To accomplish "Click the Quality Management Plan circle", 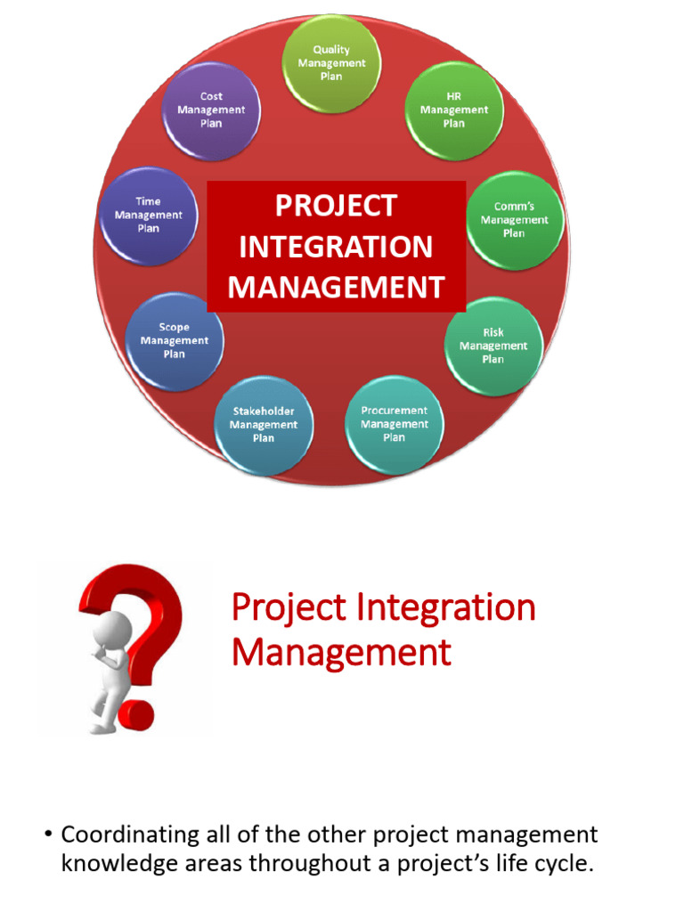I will click(x=331, y=63).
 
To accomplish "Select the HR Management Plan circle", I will click(x=454, y=110).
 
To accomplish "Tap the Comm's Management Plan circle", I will click(x=514, y=220).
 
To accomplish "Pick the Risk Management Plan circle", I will click(x=493, y=346).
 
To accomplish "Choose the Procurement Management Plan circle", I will click(x=394, y=424).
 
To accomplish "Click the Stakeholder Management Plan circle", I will click(x=264, y=425).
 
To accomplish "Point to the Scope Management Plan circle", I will click(x=175, y=341).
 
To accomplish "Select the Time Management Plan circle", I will click(x=149, y=216).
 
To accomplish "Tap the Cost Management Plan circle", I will click(x=211, y=110).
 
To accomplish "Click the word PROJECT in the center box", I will click(x=336, y=206).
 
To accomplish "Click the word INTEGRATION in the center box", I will click(x=336, y=247).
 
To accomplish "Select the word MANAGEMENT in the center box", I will click(x=336, y=288).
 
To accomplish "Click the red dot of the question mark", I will click(x=136, y=712).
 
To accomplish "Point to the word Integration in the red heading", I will click(x=451, y=608).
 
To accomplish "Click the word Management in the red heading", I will click(x=341, y=653).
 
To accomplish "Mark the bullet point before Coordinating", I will click(x=48, y=835).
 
